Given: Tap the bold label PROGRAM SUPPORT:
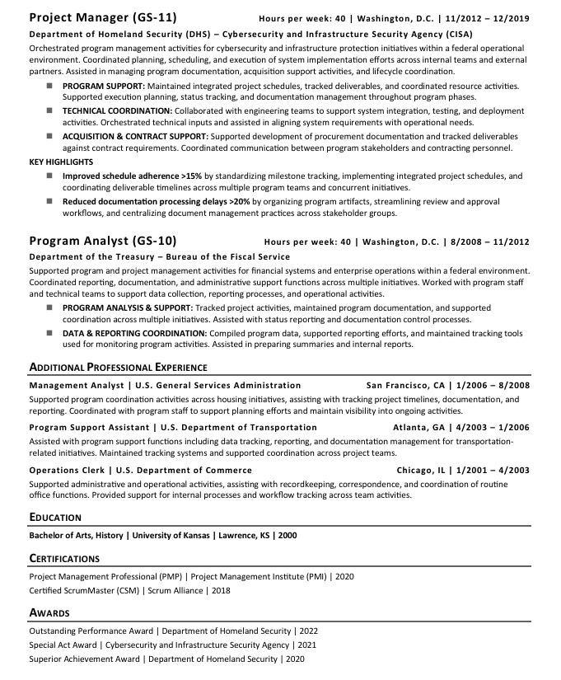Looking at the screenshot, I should [104, 86].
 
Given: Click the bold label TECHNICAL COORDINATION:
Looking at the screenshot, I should [117, 110].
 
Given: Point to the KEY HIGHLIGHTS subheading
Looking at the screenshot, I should [61, 162].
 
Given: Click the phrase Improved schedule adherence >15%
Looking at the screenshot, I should [132, 176].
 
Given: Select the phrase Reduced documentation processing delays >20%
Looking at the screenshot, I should [157, 200].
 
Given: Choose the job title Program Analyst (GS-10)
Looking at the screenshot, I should [103, 242].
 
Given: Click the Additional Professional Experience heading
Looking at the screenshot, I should [118, 367].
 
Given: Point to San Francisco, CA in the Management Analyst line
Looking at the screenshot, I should [405, 385].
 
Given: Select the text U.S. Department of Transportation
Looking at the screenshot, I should [239, 427].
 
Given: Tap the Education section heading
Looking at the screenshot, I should [55, 518].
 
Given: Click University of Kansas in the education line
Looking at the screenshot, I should [170, 535].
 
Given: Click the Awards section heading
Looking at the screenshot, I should [49, 613].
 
